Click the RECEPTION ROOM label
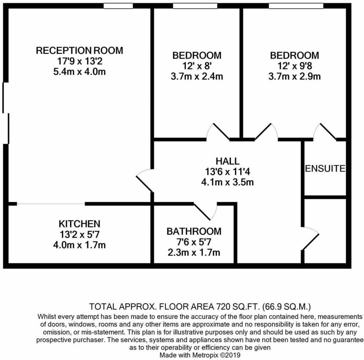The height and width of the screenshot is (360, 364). [x=79, y=51]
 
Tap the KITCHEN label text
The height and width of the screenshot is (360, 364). [x=79, y=224]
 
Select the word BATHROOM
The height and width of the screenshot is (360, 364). [x=194, y=231]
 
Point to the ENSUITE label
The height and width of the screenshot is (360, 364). [x=325, y=168]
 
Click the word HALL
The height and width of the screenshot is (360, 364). [x=227, y=161]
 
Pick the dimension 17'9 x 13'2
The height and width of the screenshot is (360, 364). [x=80, y=61]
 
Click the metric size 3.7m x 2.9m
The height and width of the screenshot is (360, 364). [x=294, y=76]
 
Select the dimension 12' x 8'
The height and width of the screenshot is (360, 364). [x=197, y=66]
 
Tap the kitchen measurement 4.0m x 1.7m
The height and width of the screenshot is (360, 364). [x=79, y=245]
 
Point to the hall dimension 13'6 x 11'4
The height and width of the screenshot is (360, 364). [x=227, y=171]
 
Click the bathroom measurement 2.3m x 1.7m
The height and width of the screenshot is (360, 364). [x=194, y=252]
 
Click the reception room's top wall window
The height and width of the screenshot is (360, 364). [x=118, y=6]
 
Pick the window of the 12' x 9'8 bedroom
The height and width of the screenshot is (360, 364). [x=296, y=6]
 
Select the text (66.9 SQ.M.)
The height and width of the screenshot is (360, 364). [x=286, y=307]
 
